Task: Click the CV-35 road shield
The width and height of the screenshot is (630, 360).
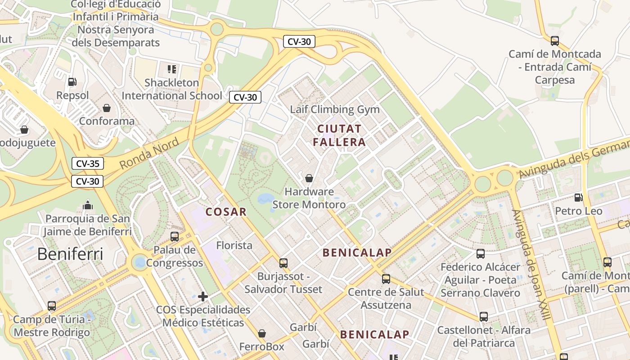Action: point(88,163)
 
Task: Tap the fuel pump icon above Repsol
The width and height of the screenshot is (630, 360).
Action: point(72,82)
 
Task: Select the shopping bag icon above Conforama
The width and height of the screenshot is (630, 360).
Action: point(107,108)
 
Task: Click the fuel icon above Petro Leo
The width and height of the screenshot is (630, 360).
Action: point(578,197)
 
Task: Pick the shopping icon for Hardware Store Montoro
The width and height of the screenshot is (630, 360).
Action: point(309,178)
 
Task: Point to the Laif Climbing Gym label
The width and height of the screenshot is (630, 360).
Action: point(335,109)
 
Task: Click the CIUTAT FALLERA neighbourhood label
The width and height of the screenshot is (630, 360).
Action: point(339,135)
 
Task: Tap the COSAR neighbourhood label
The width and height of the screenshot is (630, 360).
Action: point(226,212)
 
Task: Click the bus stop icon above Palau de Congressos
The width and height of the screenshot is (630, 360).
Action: point(174,236)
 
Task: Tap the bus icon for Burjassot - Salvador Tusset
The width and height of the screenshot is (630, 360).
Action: point(283,263)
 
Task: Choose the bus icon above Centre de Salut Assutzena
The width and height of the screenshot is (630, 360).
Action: point(386,279)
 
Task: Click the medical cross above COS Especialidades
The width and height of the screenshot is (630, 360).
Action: point(203,297)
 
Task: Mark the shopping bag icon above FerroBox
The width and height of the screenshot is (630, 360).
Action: point(262,333)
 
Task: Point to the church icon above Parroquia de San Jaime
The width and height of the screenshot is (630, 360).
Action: point(88,206)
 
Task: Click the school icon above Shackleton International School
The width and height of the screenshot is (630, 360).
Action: point(171,69)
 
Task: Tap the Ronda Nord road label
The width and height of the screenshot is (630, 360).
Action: point(149,154)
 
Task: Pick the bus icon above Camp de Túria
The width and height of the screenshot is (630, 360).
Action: point(52,306)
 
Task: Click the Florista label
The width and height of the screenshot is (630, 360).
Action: point(234,246)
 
